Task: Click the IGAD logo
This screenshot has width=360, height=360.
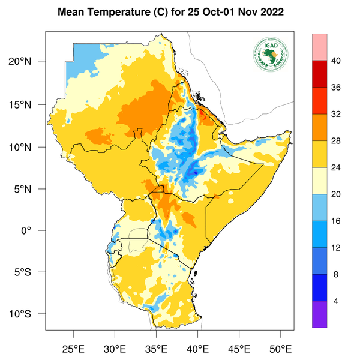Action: click(271, 55)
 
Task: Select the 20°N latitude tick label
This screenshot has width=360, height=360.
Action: click(28, 62)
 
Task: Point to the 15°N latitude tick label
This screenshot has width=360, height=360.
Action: click(28, 104)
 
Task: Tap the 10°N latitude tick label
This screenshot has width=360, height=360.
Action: click(28, 147)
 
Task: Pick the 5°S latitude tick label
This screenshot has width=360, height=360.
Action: click(30, 272)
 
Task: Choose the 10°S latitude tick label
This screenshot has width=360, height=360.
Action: click(28, 314)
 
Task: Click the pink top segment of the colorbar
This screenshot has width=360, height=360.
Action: click(320, 47)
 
